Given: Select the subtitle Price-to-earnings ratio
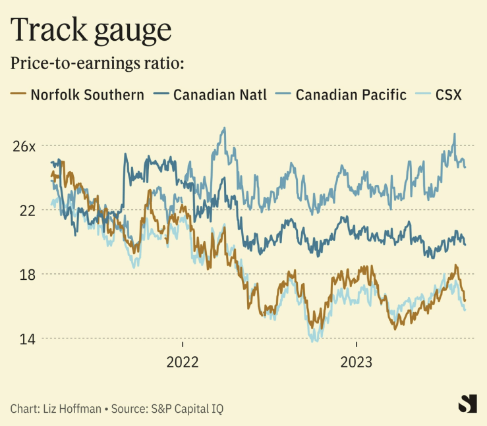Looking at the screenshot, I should [x=97, y=65].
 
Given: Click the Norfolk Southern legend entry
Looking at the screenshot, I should [x=88, y=95].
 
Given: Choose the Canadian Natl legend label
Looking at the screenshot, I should [x=220, y=95].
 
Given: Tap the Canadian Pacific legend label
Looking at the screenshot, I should [x=351, y=95].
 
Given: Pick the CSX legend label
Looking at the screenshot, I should [x=449, y=95].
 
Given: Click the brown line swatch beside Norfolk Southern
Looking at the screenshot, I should [x=18, y=95].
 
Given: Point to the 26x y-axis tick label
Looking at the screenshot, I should [x=24, y=146].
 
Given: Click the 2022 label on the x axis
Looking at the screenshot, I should [x=183, y=362].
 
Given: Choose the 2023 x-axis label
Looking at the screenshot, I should [x=357, y=362].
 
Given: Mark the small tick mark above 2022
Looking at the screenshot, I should [x=183, y=344].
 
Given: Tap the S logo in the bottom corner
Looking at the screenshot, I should [x=467, y=404].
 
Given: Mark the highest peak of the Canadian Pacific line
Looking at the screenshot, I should [x=224, y=128].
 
